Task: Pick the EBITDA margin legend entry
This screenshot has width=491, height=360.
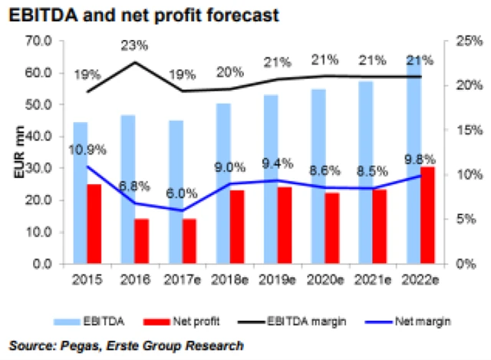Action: pos(290,319)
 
